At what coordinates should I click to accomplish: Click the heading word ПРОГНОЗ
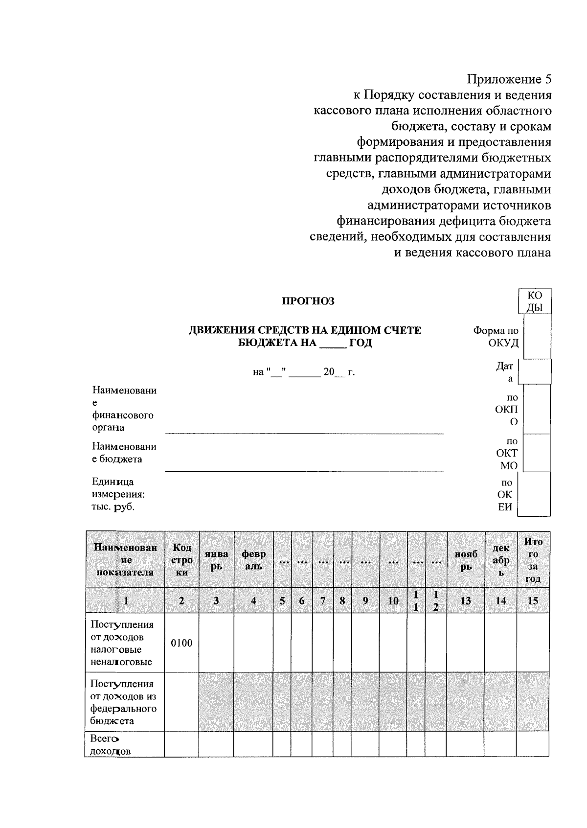coord(308,301)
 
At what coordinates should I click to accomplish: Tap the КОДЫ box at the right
coord(535,301)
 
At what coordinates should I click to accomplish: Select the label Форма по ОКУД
coord(496,337)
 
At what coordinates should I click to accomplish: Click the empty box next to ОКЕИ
coord(534,494)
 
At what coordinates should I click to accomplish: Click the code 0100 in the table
coord(181,643)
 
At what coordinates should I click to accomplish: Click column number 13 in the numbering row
coord(465,600)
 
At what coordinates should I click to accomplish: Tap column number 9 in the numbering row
coord(365,600)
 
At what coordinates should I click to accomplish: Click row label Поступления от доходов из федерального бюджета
coord(123,702)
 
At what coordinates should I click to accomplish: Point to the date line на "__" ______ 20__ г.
coord(304,372)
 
